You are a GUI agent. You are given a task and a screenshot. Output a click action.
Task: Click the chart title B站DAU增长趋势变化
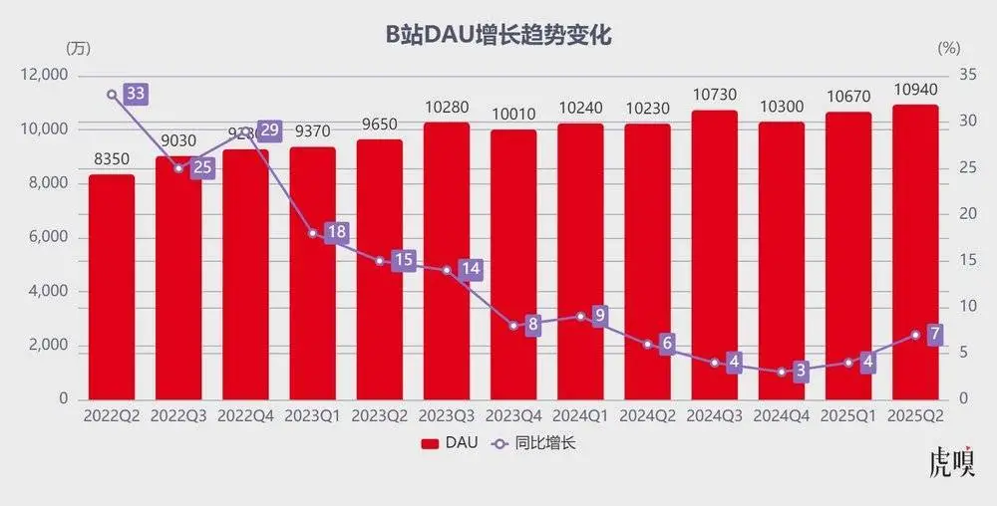pyautogui.click(x=498, y=36)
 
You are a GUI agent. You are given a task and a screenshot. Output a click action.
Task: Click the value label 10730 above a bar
pyautogui.click(x=715, y=95)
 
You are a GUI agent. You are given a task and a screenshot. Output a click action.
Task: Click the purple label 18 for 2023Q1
pyautogui.click(x=337, y=233)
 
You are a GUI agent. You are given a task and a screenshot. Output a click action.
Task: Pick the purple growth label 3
pyautogui.click(x=800, y=372)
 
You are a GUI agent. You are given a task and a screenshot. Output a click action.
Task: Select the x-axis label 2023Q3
pyautogui.click(x=447, y=417)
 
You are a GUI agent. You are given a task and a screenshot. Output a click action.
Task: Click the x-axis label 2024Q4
pyautogui.click(x=782, y=417)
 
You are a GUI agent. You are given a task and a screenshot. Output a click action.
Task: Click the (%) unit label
pyautogui.click(x=949, y=48)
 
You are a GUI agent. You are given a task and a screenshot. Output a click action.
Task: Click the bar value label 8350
pyautogui.click(x=112, y=159)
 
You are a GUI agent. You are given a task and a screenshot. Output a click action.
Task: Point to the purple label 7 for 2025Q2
pyautogui.click(x=935, y=335)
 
